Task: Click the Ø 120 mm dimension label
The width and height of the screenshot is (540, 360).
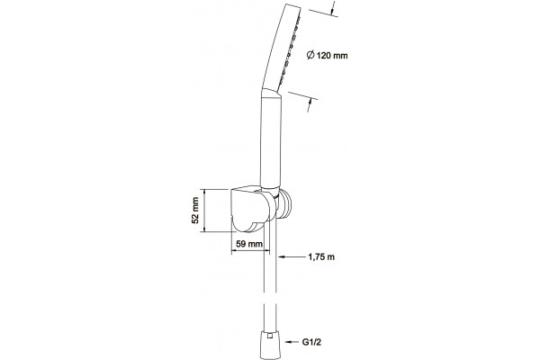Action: click(x=328, y=55)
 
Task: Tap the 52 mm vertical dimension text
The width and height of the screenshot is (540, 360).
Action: click(x=195, y=211)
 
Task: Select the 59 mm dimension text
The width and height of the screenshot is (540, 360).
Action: click(x=249, y=244)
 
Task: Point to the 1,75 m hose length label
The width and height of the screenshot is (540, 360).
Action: click(x=321, y=256)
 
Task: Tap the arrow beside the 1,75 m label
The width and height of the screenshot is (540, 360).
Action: click(x=292, y=256)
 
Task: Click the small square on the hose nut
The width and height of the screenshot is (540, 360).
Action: click(x=271, y=336)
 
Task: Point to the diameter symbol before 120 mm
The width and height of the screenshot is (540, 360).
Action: click(x=310, y=55)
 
